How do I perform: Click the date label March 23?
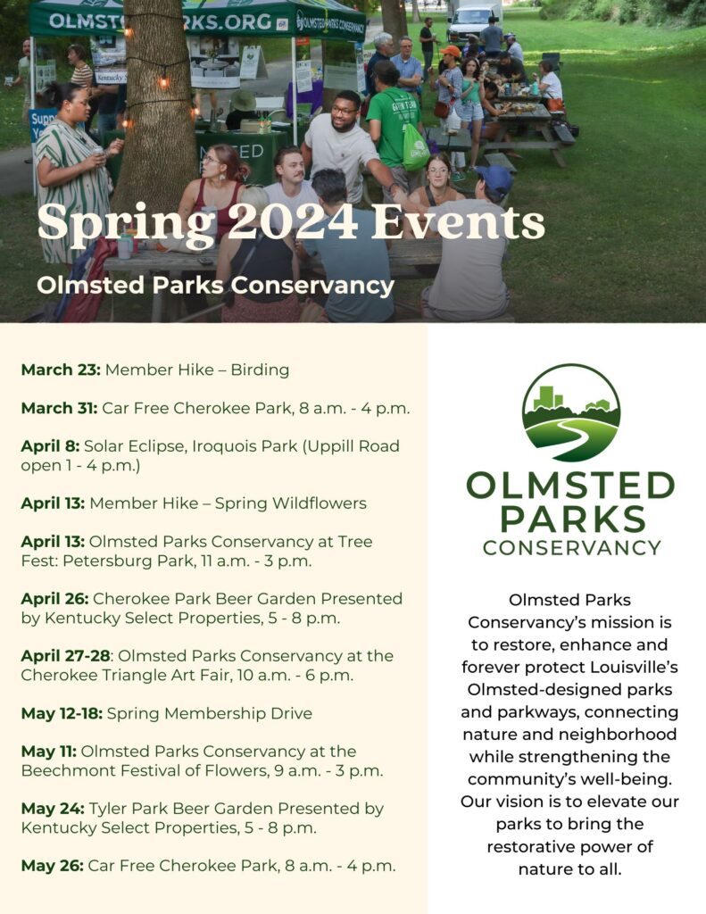tap(60, 370)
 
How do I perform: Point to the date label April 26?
tap(54, 599)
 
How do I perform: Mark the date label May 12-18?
tap(62, 713)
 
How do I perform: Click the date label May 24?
tap(53, 809)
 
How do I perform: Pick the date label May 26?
tap(53, 865)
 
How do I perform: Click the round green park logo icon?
tap(570, 411)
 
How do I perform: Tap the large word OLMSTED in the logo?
tap(570, 487)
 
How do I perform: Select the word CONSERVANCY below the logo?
tap(571, 547)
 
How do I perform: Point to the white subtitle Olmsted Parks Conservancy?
tap(215, 286)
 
